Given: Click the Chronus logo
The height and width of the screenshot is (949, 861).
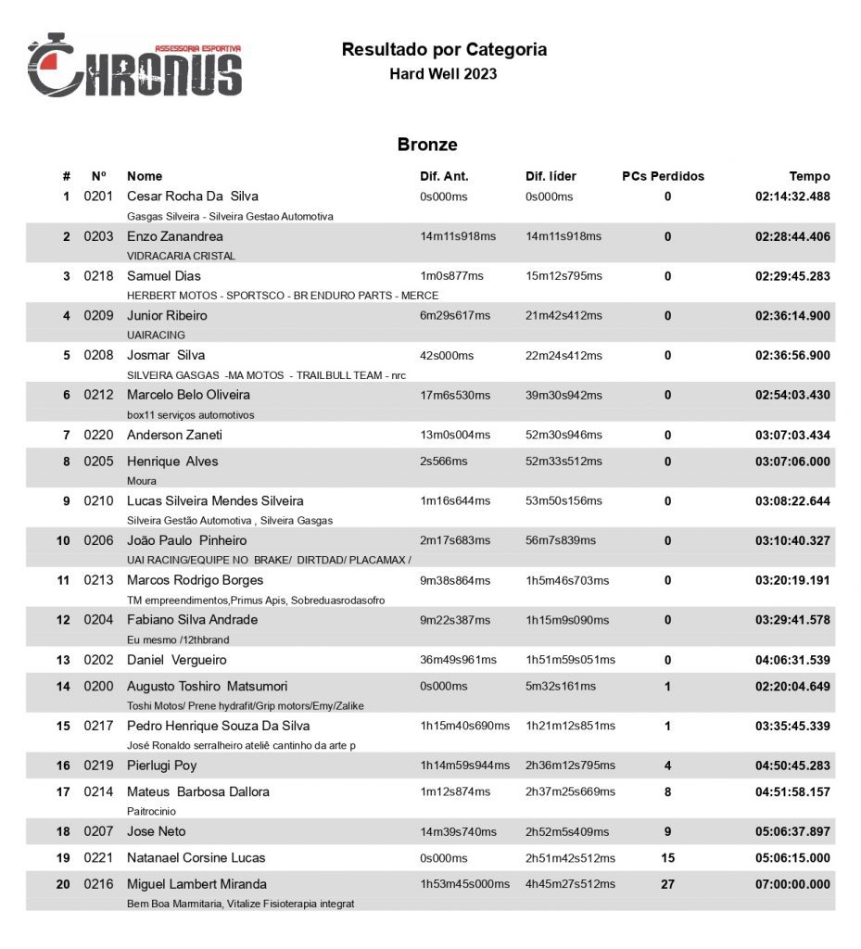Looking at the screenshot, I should [x=134, y=67].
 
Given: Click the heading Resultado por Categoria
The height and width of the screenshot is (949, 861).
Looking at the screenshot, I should [x=444, y=50].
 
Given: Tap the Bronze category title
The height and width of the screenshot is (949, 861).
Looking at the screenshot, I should [x=427, y=145].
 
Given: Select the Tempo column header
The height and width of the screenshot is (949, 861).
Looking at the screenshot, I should [x=809, y=176].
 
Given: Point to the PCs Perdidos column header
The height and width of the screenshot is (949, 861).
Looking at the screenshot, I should [x=663, y=176].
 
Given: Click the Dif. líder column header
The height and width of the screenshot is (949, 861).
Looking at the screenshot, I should [x=551, y=176].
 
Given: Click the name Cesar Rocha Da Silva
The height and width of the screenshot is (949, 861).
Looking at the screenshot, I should [x=192, y=196].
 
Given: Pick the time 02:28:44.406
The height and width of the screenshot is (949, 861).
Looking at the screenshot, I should [x=792, y=236].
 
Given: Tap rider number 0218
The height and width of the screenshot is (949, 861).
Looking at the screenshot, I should [x=98, y=276].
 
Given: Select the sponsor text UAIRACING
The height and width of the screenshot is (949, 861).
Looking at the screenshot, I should [x=156, y=335].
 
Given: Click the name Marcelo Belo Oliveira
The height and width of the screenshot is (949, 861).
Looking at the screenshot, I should [x=188, y=395].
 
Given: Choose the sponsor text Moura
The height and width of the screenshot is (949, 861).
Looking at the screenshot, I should [x=142, y=481].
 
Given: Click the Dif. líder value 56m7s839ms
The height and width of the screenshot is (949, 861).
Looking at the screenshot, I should [x=561, y=540].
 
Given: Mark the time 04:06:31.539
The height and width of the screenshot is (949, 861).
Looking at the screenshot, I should [x=792, y=660].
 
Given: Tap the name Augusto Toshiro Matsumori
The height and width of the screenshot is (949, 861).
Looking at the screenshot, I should [x=208, y=687].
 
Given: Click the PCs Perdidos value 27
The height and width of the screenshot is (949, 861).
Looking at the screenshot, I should [x=667, y=884].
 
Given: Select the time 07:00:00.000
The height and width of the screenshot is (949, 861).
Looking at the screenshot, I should [x=792, y=884].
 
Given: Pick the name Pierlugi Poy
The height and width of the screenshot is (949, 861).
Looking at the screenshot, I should [x=161, y=766].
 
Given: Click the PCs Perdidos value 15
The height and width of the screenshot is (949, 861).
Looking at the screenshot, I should [x=667, y=858].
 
